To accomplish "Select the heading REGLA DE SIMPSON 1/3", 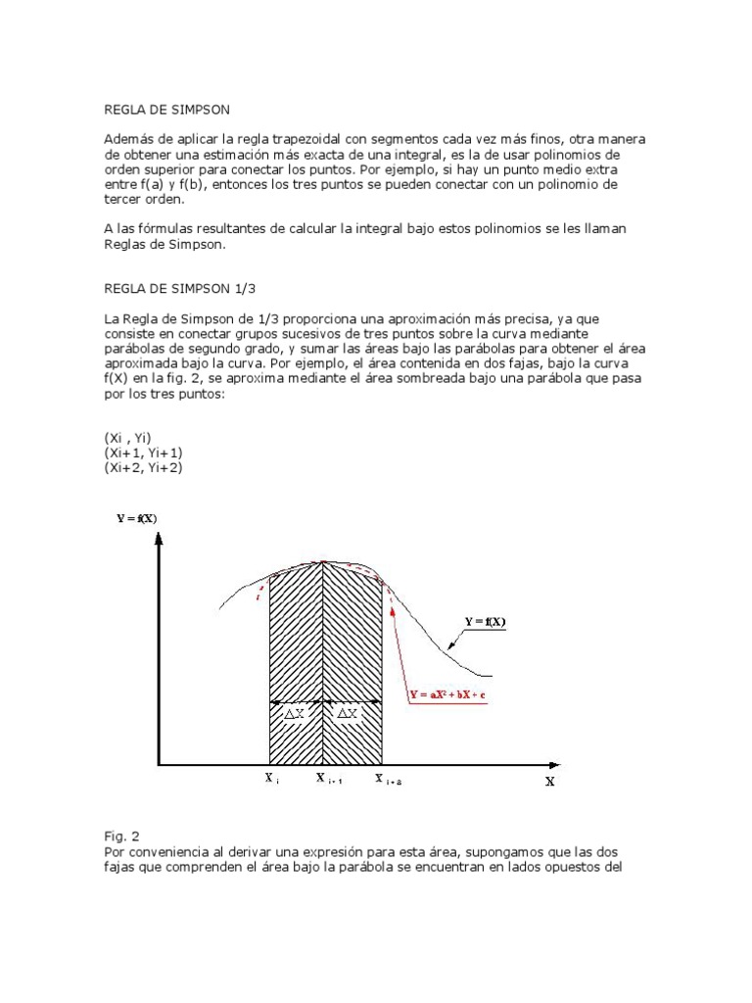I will click(x=181, y=289).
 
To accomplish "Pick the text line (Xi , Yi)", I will click(x=128, y=438).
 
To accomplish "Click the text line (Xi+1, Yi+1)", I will click(x=143, y=454).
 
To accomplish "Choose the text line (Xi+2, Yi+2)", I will click(x=143, y=468).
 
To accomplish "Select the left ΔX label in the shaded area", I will click(x=295, y=715).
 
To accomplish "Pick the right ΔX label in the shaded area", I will click(x=348, y=715).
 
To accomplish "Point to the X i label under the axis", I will click(x=271, y=779).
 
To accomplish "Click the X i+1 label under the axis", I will click(x=326, y=780).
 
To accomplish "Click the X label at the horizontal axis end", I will click(x=549, y=783).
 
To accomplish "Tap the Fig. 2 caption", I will click(x=122, y=836).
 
